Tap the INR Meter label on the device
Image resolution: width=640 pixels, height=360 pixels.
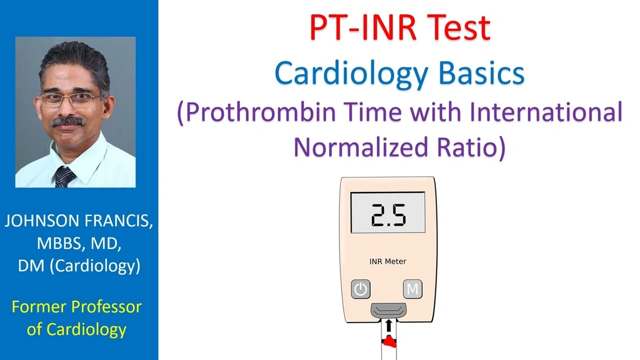(388, 261)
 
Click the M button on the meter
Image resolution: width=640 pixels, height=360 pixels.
(412, 290)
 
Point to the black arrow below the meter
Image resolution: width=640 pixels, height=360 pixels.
(388, 324)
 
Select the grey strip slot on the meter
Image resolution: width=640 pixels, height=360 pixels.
(388, 309)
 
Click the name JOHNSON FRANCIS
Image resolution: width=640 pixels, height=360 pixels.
(79, 222)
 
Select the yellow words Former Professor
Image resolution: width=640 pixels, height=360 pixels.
(77, 307)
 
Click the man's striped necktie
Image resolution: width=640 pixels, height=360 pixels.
(65, 176)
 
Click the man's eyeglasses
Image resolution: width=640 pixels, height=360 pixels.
(69, 99)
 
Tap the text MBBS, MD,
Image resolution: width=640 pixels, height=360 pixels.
(79, 244)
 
